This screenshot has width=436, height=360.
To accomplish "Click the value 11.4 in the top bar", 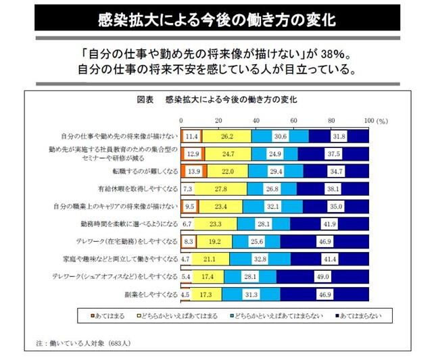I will pyautogui.click(x=191, y=136).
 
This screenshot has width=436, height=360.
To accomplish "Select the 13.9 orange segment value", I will pyautogui.click(x=193, y=171).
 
